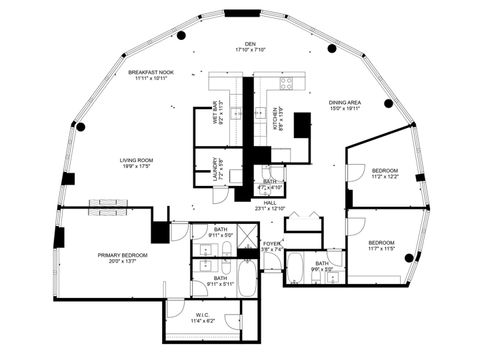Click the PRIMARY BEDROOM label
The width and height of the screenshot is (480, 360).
point(122,255)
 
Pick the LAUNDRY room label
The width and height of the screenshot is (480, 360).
point(214,166)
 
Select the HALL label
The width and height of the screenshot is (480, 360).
point(270,203)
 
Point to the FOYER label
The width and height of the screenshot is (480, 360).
point(271,243)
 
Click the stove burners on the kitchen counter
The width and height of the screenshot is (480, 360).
point(286,84)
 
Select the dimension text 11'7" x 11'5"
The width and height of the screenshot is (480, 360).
point(382,249)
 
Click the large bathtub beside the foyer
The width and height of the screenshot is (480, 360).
point(245,273)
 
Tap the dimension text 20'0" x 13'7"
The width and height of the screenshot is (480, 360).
point(122,262)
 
